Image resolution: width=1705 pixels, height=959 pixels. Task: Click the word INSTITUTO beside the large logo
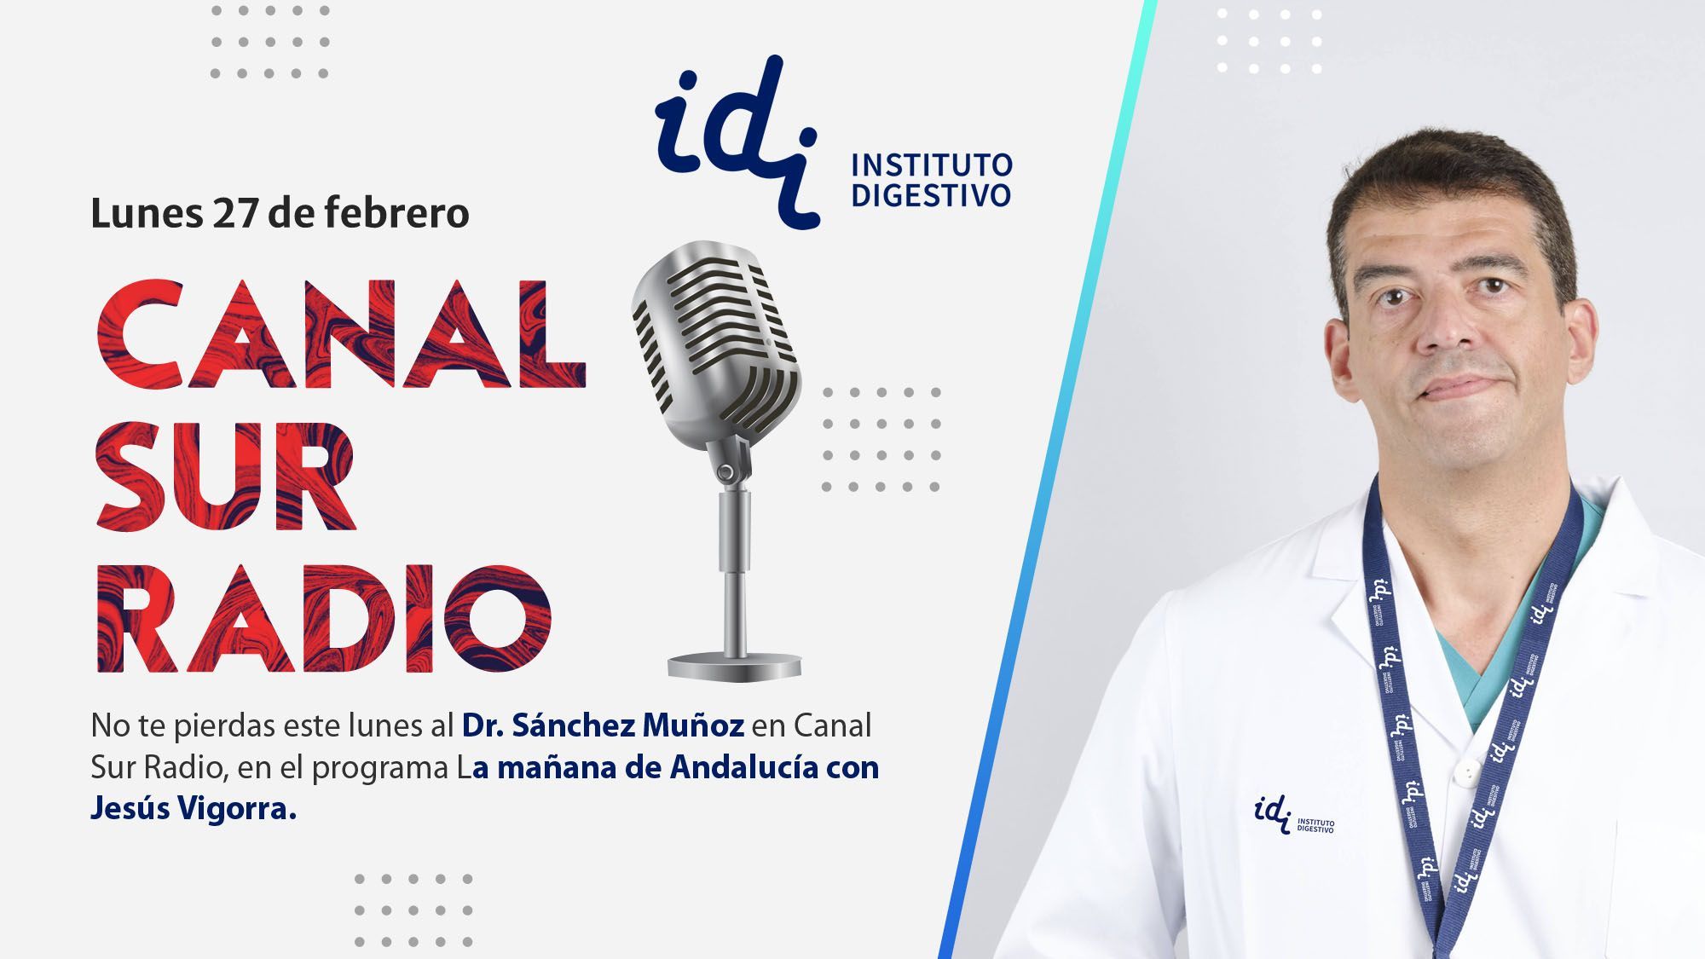point(932,164)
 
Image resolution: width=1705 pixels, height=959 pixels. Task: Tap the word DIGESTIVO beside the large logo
point(931,194)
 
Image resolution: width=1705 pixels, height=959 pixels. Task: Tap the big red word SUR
point(225,476)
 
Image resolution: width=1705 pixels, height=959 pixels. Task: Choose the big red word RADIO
point(323,619)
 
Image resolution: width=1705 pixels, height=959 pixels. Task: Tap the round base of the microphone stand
point(735,665)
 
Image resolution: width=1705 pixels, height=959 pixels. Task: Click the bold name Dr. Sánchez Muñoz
point(604,725)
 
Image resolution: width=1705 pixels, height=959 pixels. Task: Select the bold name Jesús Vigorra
point(194,809)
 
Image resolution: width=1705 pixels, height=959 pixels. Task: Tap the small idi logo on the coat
point(1294,814)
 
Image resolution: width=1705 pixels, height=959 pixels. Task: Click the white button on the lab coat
point(1465,772)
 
